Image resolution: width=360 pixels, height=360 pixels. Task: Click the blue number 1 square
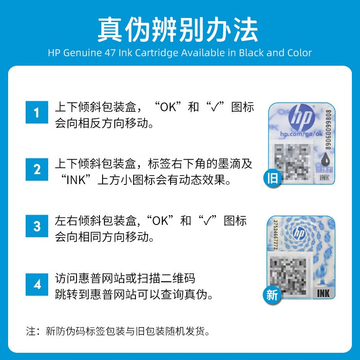coord(37,112)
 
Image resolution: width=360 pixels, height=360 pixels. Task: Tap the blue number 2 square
coord(37,169)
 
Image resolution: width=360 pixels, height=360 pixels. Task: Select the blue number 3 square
coord(37,226)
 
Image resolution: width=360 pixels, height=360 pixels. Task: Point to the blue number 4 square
coord(37,284)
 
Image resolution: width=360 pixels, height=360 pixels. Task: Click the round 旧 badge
coord(273,178)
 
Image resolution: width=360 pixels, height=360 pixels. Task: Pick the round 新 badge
coord(273,295)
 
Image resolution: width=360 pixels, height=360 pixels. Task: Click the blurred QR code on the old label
coord(292,163)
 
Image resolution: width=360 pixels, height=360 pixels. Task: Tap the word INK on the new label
coord(324,294)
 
